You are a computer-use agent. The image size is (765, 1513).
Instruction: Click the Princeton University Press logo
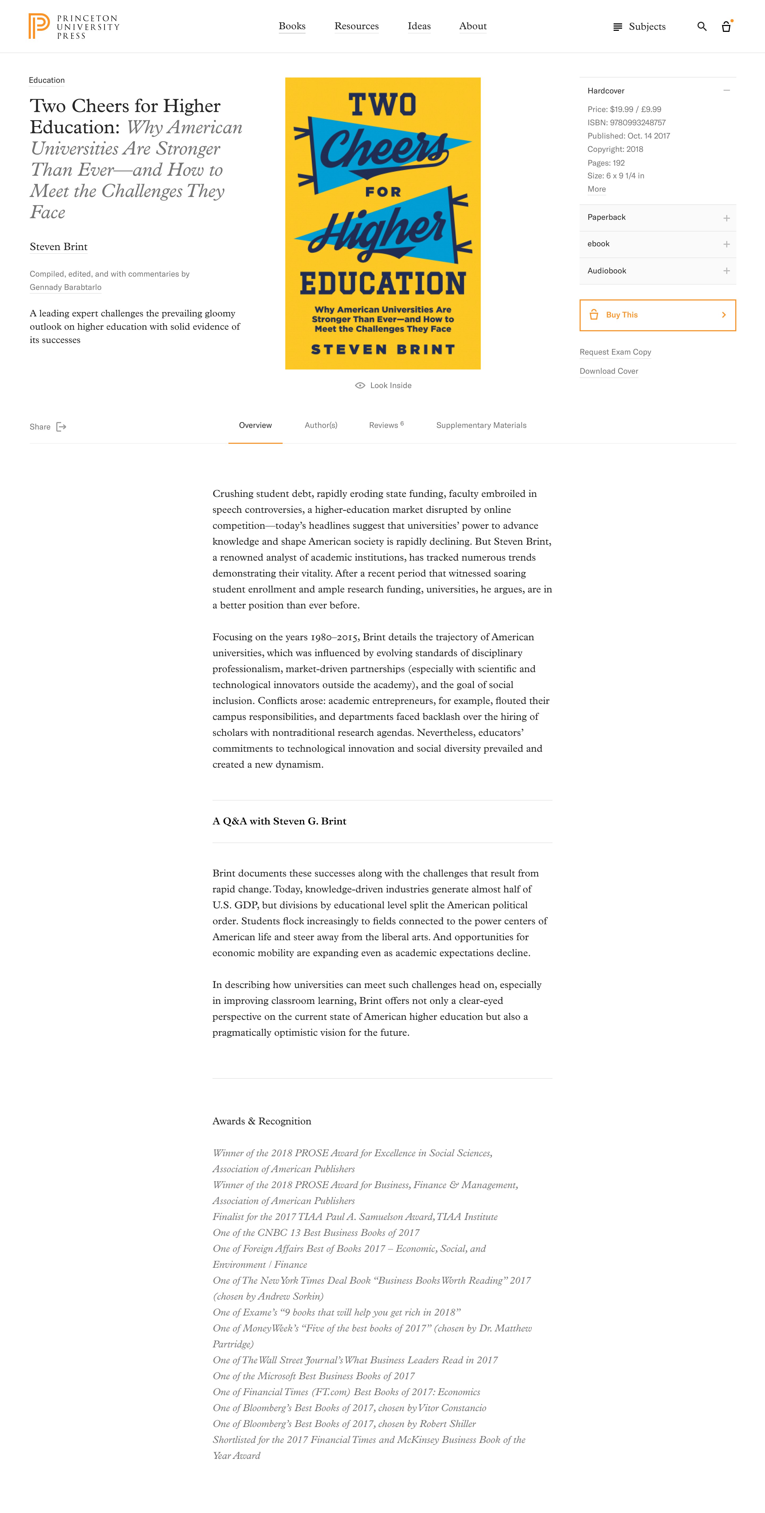73,27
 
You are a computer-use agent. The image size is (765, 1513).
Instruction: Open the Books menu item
292,27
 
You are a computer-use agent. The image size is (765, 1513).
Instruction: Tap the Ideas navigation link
419,27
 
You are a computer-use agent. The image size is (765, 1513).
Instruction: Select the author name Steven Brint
59,247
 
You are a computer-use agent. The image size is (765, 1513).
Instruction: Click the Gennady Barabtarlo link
66,287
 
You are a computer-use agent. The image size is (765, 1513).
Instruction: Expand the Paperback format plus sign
726,218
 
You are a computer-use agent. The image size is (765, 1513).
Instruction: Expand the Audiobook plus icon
726,271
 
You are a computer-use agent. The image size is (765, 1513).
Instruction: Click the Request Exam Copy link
615,352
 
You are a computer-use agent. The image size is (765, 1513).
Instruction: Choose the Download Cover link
609,371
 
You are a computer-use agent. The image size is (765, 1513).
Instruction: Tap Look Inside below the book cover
384,385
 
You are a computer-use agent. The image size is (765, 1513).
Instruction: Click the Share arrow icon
61,427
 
